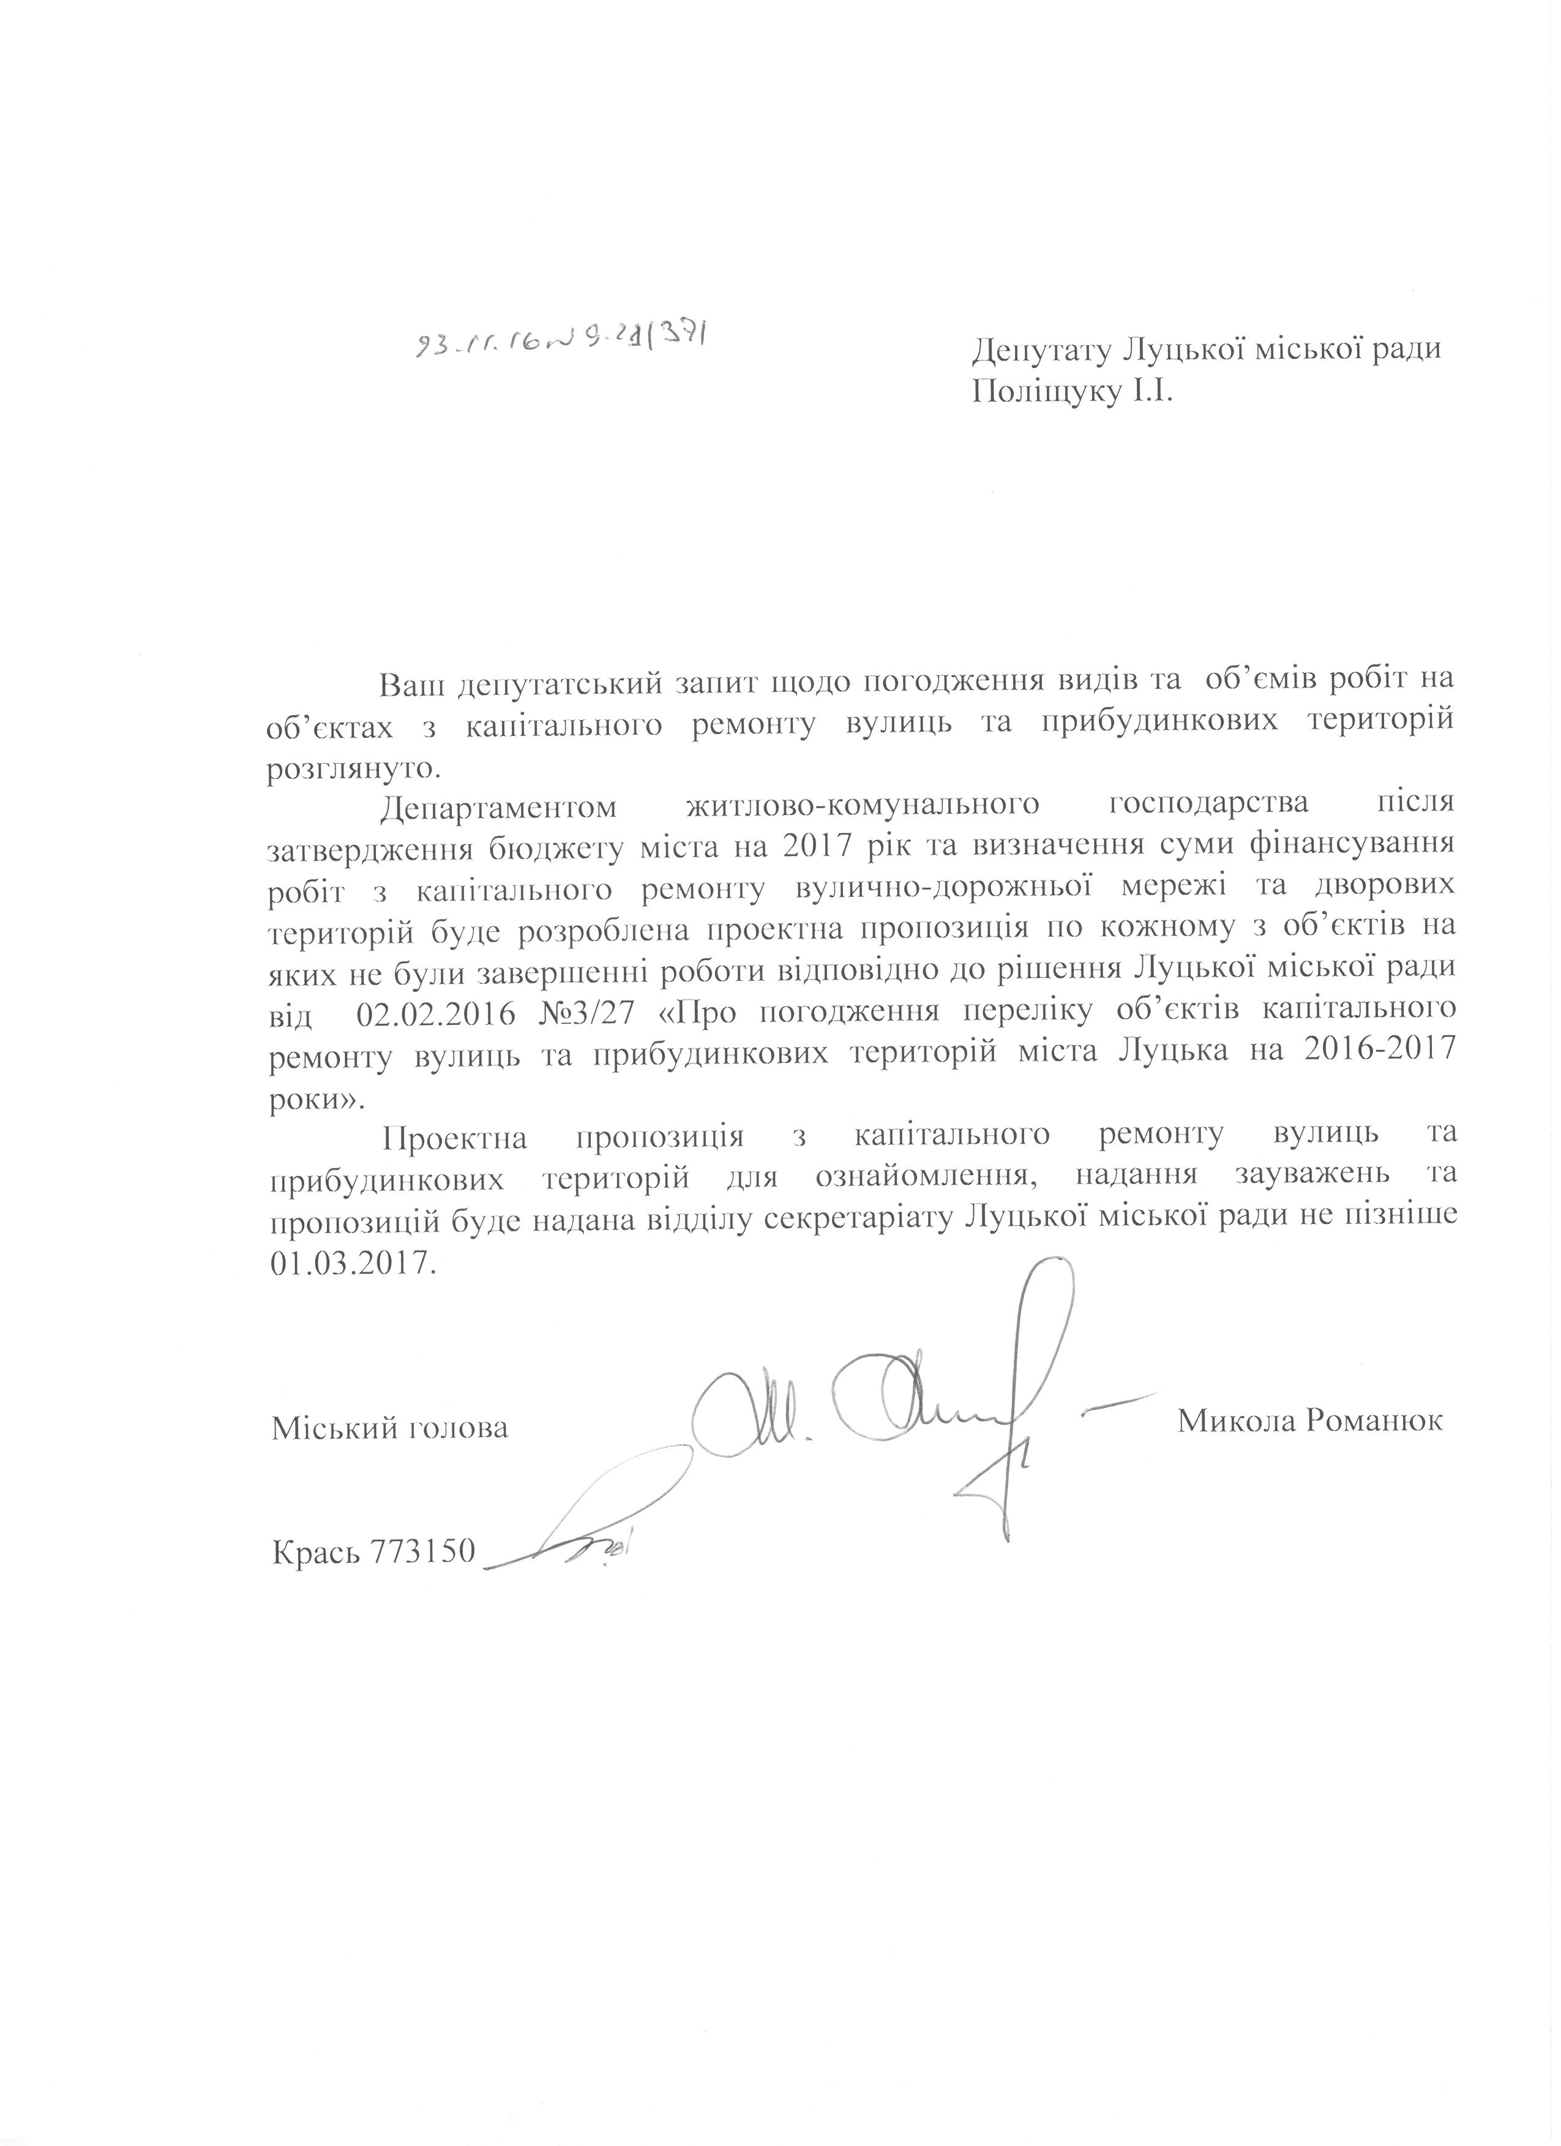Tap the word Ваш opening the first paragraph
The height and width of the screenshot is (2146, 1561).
click(x=410, y=682)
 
